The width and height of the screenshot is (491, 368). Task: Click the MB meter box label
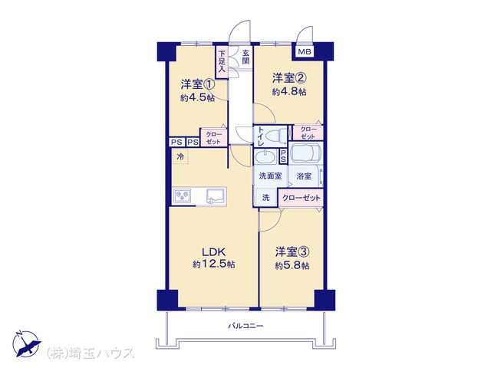click(x=305, y=51)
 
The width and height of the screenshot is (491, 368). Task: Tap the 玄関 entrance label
click(x=245, y=58)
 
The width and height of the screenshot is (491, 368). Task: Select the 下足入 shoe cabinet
click(x=222, y=62)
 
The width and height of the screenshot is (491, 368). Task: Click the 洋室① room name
click(x=197, y=84)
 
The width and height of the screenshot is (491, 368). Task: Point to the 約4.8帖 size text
click(x=289, y=92)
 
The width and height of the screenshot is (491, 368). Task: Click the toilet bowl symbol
click(x=275, y=135)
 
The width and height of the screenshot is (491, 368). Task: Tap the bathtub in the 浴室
click(x=305, y=153)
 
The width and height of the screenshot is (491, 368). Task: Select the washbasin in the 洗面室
click(x=265, y=156)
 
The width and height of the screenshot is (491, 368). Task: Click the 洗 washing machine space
click(x=265, y=198)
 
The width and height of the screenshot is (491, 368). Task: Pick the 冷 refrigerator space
click(x=180, y=156)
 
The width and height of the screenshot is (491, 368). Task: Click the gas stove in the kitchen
click(x=183, y=196)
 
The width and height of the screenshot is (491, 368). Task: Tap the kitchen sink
click(x=216, y=196)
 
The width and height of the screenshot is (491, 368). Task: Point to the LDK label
click(x=213, y=251)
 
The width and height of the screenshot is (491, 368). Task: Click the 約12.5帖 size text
click(x=213, y=264)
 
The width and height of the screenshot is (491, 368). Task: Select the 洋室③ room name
click(x=292, y=251)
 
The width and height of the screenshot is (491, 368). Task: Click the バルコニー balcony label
click(x=245, y=326)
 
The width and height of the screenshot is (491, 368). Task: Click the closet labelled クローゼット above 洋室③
click(x=301, y=198)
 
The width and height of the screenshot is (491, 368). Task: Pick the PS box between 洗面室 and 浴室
click(x=283, y=156)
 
